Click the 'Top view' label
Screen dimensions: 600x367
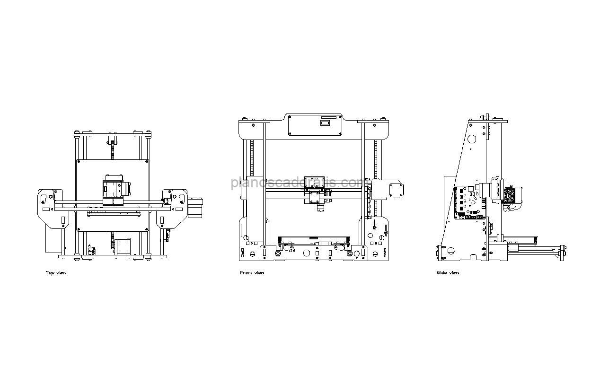click(56, 273)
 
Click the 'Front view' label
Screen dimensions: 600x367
click(252, 273)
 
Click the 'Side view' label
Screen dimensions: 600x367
click(448, 273)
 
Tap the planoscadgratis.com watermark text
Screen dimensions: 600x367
click(297, 183)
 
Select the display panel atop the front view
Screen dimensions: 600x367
click(315, 125)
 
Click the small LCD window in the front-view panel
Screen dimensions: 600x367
click(325, 123)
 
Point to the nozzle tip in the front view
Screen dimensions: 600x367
click(319, 211)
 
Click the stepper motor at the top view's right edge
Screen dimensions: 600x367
click(195, 208)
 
